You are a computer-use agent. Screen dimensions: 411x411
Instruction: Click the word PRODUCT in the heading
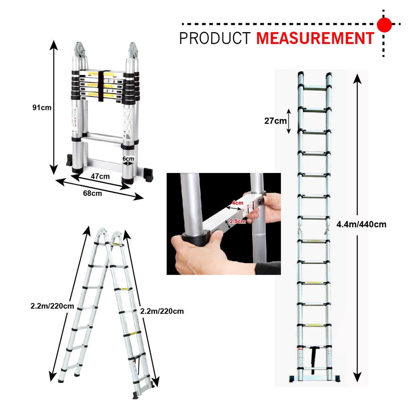tap(215, 38)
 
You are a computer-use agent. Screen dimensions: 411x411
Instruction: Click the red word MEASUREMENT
tap(315, 38)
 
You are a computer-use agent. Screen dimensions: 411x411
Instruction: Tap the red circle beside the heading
tap(384, 24)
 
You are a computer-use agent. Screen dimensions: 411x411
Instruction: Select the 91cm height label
tap(42, 108)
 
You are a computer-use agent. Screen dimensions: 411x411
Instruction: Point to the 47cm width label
tap(100, 177)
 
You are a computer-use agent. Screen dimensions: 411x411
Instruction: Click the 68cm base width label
tap(92, 193)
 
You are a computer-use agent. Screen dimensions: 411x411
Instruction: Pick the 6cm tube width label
tap(128, 159)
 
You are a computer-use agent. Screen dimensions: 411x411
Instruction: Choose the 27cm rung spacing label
tap(275, 121)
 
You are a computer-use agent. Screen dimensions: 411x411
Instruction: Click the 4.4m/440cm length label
tap(361, 224)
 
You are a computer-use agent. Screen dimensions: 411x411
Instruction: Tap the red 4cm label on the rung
tap(238, 203)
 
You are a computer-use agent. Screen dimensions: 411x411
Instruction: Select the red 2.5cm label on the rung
tap(238, 221)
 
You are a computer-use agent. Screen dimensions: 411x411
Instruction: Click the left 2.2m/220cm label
tap(52, 306)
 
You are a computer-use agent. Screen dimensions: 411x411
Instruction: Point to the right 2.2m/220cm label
tap(162, 311)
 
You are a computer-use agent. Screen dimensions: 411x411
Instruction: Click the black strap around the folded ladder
tap(102, 86)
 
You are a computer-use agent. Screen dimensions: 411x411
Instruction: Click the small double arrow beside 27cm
tap(289, 121)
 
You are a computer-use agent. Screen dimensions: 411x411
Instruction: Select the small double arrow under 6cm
tap(128, 164)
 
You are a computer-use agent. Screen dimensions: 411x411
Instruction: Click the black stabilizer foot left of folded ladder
tap(69, 160)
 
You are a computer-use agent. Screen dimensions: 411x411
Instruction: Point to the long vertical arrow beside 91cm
tap(54, 107)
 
